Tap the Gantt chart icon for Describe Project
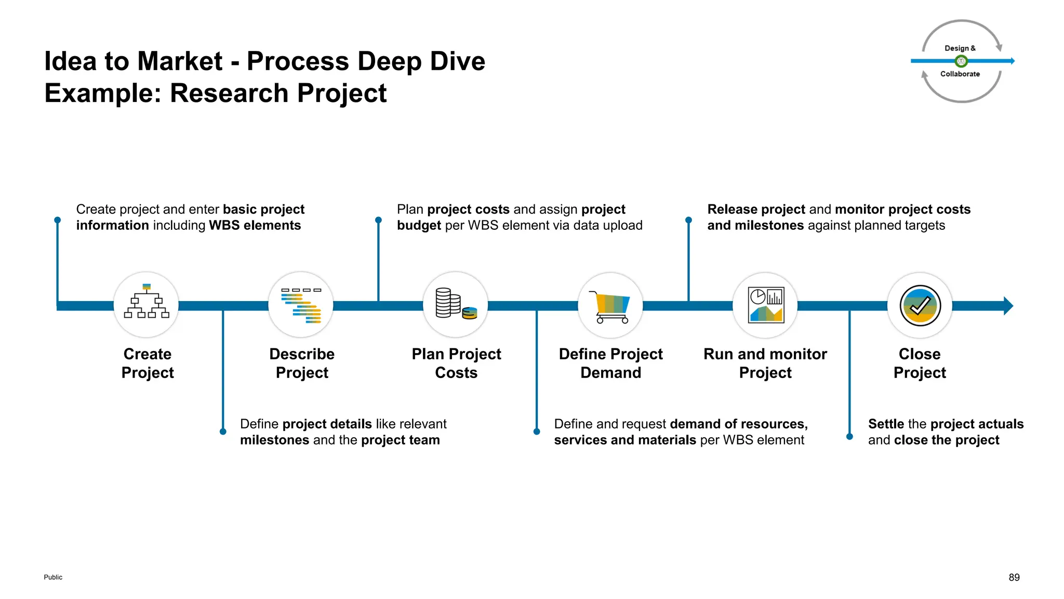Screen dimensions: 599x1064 point(301,305)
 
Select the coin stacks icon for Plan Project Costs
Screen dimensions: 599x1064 point(456,304)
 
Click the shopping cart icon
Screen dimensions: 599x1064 point(610,306)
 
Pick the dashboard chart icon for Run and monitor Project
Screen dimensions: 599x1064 point(765,305)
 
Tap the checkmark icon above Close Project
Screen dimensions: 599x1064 point(920,306)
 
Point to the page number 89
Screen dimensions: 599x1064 point(1014,577)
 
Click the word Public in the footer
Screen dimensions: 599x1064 point(53,577)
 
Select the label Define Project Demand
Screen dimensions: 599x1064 point(610,363)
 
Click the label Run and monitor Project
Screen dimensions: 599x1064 point(765,363)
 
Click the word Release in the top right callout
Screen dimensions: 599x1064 point(730,209)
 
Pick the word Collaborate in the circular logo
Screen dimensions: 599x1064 point(960,74)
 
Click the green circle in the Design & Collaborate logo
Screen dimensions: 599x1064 point(961,61)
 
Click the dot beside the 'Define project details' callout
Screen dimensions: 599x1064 point(223,432)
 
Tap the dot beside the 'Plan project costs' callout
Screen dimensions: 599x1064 point(378,220)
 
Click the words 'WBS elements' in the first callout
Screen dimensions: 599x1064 point(255,225)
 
